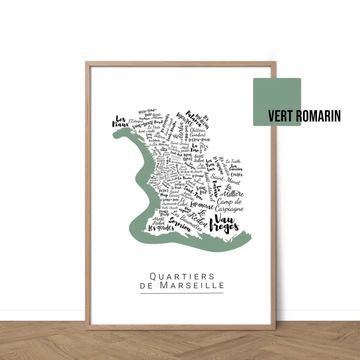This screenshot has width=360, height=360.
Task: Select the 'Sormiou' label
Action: pos(180,225)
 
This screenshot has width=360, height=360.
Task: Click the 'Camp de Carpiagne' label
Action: pos(229,205)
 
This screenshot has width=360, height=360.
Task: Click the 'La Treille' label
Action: pos(233,161)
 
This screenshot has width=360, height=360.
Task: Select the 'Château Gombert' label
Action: pos(198,132)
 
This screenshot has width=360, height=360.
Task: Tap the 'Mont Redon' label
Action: pos(158,221)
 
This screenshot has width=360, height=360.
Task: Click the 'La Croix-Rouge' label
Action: pos(201,140)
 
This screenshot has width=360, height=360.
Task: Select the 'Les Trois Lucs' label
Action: pos(210,165)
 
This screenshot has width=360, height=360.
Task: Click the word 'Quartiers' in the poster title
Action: pos(182,276)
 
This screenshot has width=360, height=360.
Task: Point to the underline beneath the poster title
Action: pos(182,293)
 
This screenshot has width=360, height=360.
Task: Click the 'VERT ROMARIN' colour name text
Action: pos(304,116)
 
